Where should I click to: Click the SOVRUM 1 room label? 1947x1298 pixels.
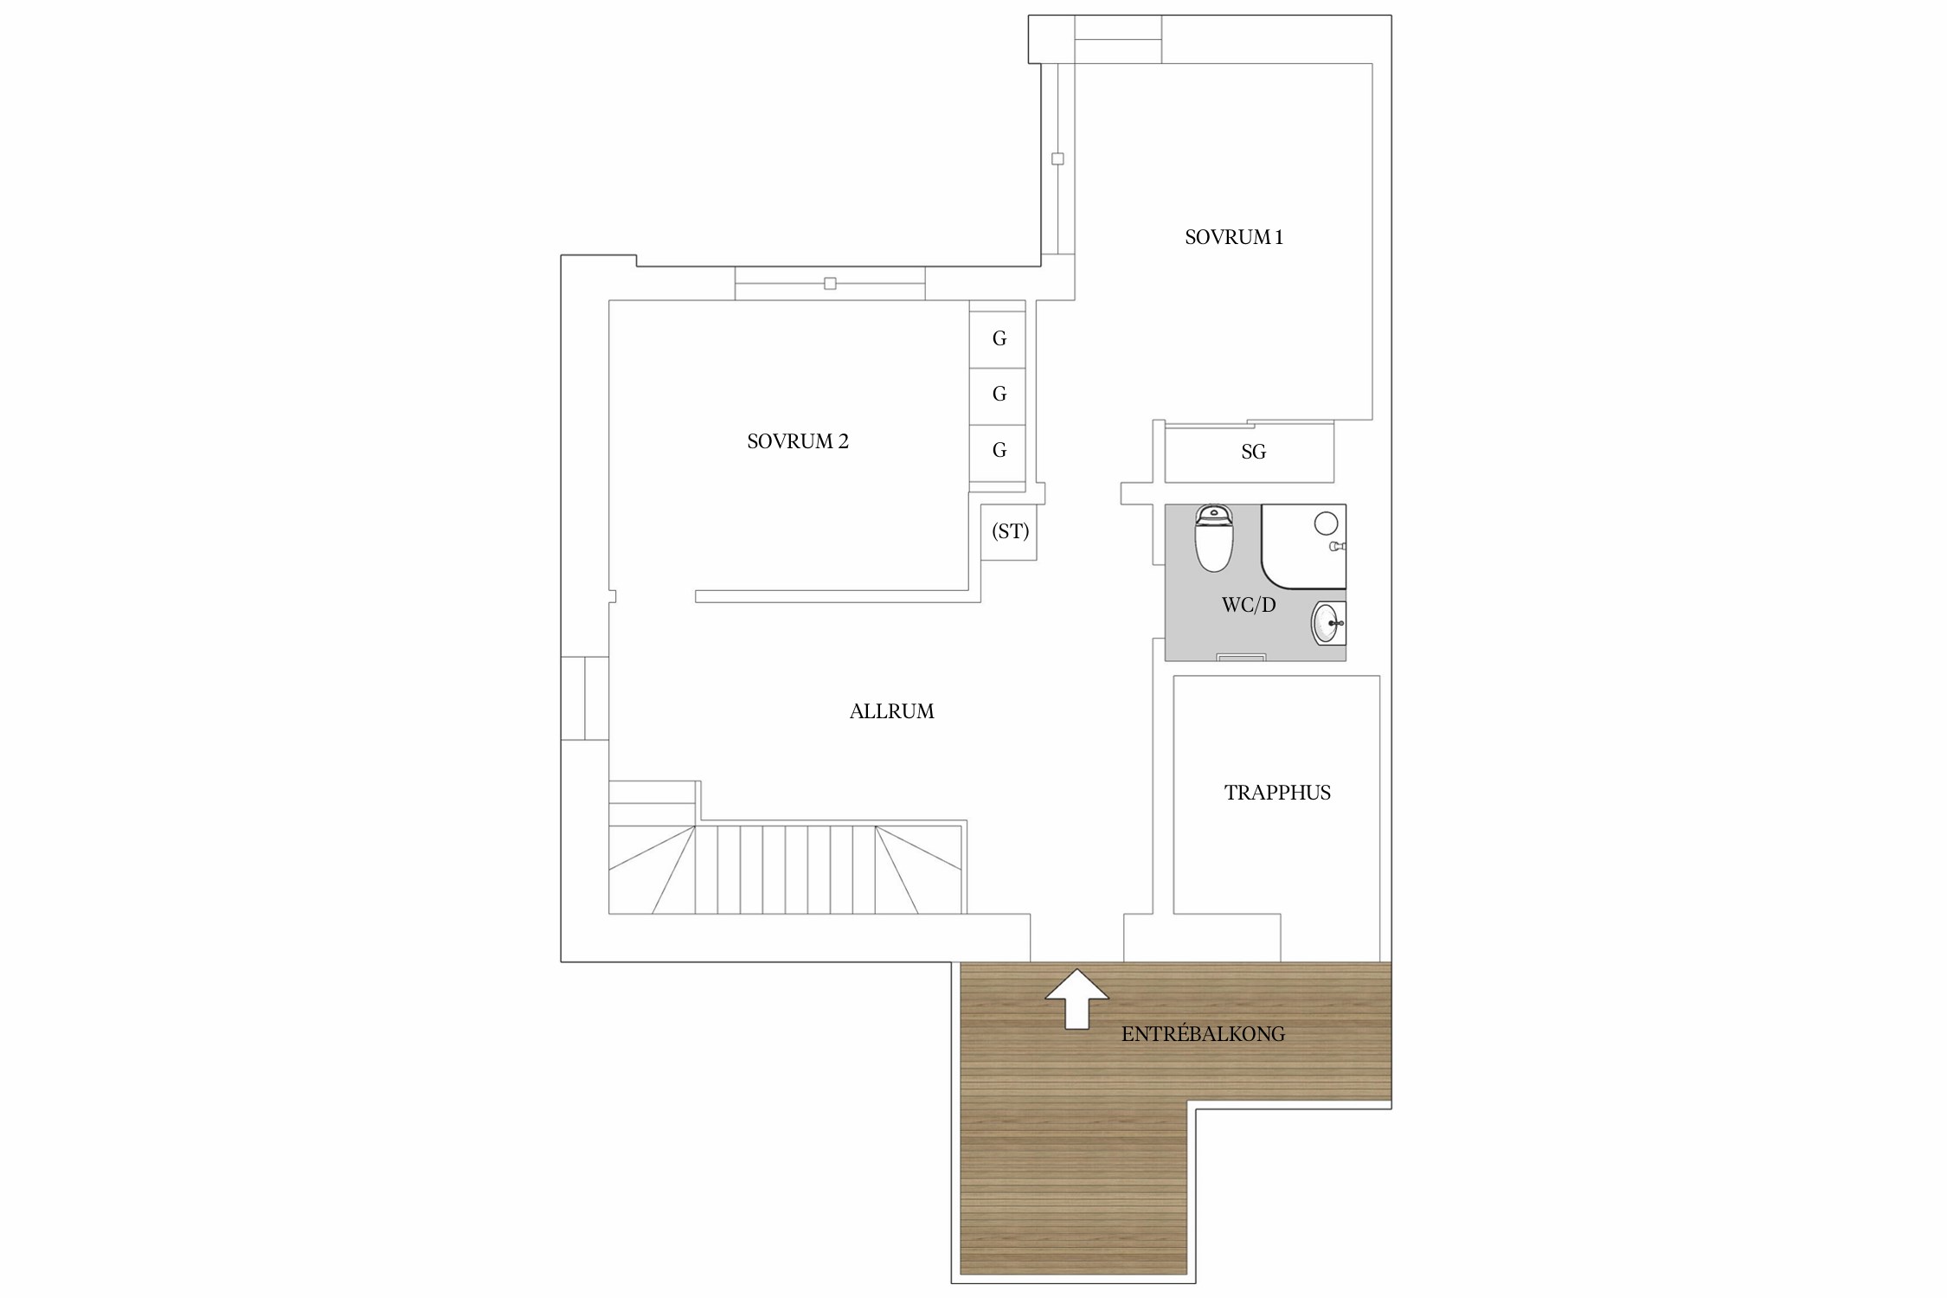point(1233,237)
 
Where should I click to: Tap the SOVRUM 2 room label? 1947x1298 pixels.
point(798,441)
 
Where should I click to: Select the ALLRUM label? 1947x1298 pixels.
point(891,711)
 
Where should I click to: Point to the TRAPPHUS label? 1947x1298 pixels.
point(1277,793)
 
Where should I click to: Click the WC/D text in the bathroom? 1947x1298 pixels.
point(1249,605)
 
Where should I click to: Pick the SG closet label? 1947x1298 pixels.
point(1253,452)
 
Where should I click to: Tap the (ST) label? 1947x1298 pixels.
point(1010,530)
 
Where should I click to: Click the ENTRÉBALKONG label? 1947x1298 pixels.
point(1203,1034)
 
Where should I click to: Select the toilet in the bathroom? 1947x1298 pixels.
point(1213,539)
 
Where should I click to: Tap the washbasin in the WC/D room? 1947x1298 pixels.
point(1328,623)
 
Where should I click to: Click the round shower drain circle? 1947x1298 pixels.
point(1326,523)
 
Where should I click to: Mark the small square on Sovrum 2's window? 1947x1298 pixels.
point(830,283)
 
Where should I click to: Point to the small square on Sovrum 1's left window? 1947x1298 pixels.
point(1057,159)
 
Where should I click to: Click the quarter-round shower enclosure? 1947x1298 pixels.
point(1304,546)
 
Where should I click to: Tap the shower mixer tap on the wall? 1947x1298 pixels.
point(1338,547)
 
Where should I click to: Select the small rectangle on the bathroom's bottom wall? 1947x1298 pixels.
point(1241,658)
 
